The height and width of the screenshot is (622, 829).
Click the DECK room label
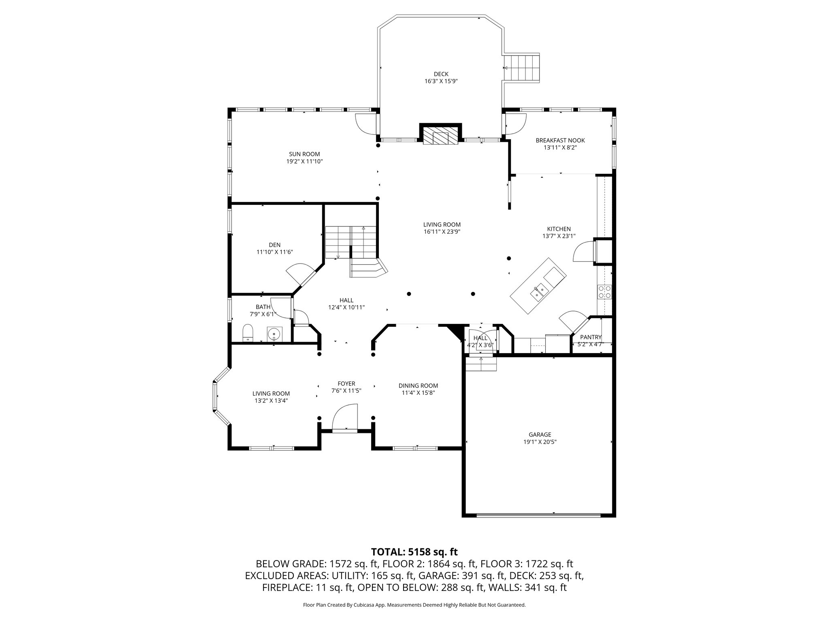click(441, 74)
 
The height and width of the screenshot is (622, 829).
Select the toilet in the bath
click(247, 333)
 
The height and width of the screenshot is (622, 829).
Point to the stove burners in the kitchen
click(605, 292)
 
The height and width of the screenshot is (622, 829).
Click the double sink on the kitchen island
click(539, 291)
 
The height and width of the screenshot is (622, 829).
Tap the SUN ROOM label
click(304, 154)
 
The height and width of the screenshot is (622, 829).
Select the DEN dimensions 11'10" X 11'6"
click(274, 252)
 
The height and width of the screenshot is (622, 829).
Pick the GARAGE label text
click(540, 435)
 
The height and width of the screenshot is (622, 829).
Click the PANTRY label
click(591, 337)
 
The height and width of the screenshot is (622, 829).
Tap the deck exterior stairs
click(523, 68)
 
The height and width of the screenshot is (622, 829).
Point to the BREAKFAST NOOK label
click(560, 141)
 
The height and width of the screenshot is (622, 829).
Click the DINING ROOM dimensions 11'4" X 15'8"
click(418, 392)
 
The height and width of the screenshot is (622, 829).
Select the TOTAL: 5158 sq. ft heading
click(414, 552)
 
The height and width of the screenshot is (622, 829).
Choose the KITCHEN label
click(559, 229)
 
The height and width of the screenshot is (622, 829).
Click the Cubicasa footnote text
click(414, 605)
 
